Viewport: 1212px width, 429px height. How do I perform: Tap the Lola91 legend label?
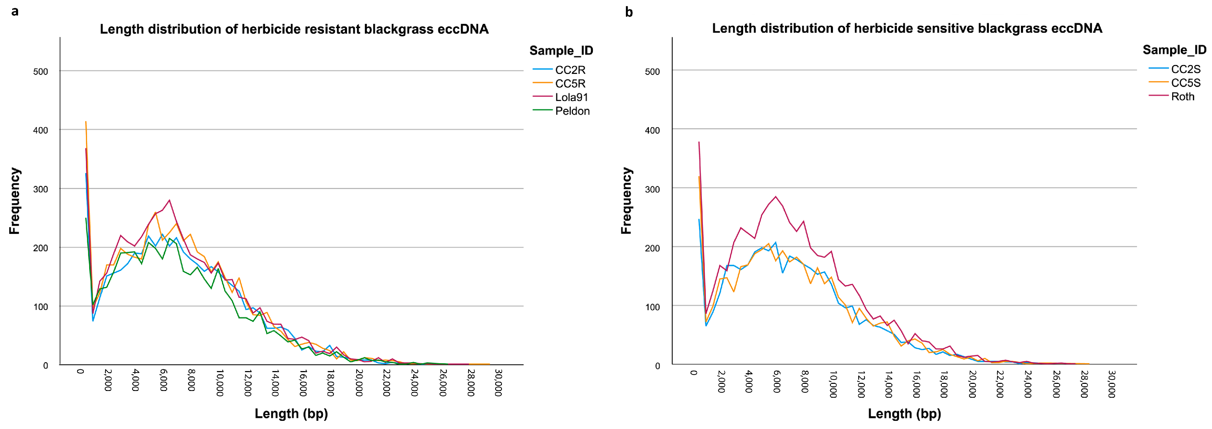coord(571,97)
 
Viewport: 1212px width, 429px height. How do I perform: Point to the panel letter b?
coord(629,12)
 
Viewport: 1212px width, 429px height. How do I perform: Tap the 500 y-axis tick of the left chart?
coord(40,71)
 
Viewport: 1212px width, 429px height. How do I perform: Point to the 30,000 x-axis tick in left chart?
coord(499,382)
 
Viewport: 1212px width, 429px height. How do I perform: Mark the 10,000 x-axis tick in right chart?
coord(833,384)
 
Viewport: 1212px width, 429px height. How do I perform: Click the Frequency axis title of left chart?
coord(15,201)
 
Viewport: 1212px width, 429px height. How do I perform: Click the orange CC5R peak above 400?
coord(86,122)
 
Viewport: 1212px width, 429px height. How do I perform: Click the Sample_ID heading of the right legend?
coord(1174,50)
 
